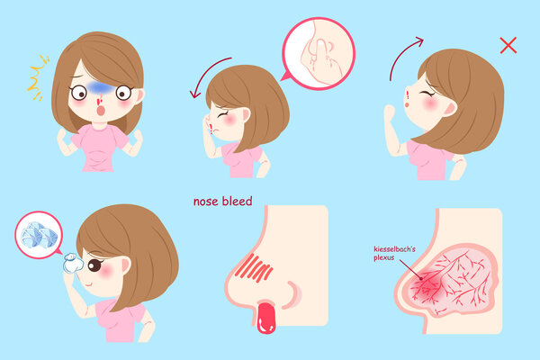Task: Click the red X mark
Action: click(508, 45)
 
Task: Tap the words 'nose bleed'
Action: click(223, 202)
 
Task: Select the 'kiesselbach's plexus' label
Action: click(394, 253)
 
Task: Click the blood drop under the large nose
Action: click(266, 318)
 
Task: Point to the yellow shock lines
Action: click(37, 78)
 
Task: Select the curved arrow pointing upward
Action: click(402, 54)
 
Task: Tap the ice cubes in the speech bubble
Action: click(39, 235)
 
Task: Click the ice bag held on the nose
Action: click(73, 264)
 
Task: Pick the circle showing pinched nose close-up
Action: click(319, 54)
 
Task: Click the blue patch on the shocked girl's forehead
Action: click(99, 88)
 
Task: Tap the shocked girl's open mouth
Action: click(101, 111)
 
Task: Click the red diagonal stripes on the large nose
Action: click(254, 268)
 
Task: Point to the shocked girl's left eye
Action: click(123, 93)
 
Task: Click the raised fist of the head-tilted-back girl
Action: click(390, 112)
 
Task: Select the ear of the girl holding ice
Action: click(126, 265)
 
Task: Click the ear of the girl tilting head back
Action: click(450, 108)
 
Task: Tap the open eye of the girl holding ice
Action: click(94, 265)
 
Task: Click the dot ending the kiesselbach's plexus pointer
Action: click(420, 278)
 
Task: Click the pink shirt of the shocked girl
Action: click(99, 148)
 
